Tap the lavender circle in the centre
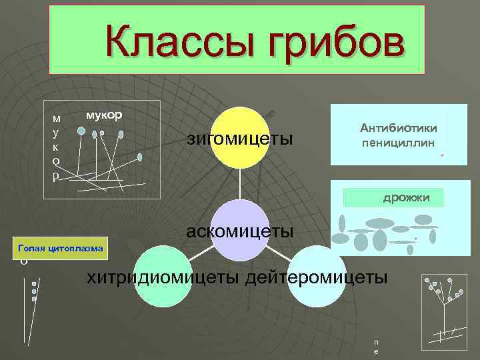pyautogui.click(x=240, y=230)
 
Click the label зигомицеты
pyautogui.click(x=240, y=139)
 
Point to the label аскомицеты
pyautogui.click(x=240, y=231)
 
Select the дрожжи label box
pyautogui.click(x=393, y=197)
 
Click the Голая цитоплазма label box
pyautogui.click(x=61, y=249)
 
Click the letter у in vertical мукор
pyautogui.click(x=56, y=133)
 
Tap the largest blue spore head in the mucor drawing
pyautogui.click(x=81, y=131)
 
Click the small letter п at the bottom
pyautogui.click(x=377, y=341)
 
